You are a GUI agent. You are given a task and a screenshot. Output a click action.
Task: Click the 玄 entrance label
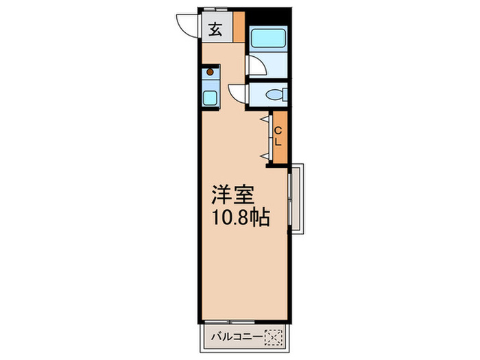(215, 29)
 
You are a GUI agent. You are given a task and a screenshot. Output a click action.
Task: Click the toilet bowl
(277, 95)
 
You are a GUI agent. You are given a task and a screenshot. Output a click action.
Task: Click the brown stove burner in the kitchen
(211, 71)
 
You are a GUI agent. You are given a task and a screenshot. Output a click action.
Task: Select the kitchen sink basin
(210, 97)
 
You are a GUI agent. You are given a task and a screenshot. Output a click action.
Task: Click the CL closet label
(278, 136)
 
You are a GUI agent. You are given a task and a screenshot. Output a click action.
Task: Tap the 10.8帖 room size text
(240, 217)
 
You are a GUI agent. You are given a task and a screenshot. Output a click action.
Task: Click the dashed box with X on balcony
(274, 337)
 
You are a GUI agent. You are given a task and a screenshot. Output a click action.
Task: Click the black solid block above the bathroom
(268, 18)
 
